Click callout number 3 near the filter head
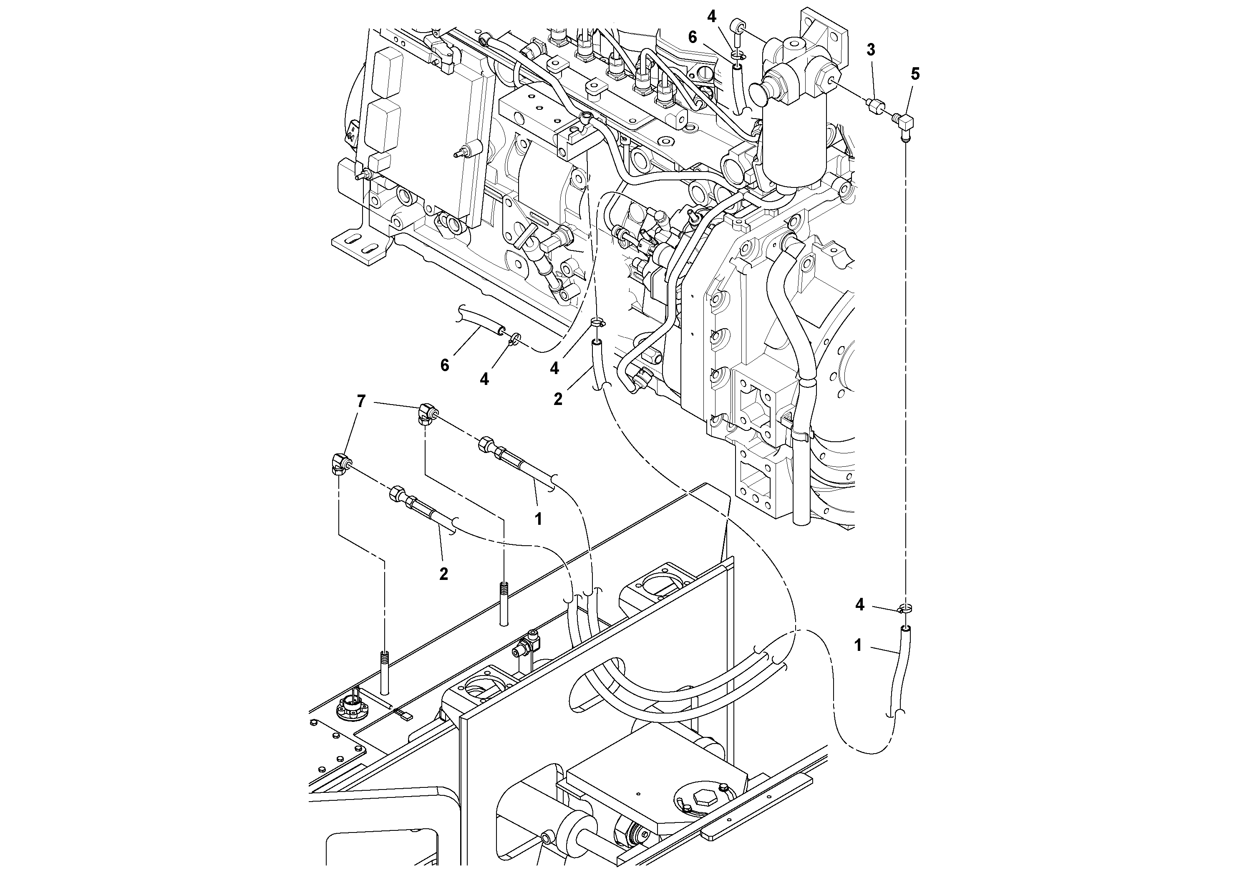[870, 50]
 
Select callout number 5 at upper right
[915, 74]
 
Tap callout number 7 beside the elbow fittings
[361, 401]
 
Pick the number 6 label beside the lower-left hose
[445, 365]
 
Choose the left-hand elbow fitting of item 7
[340, 463]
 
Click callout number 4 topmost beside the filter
[711, 16]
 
